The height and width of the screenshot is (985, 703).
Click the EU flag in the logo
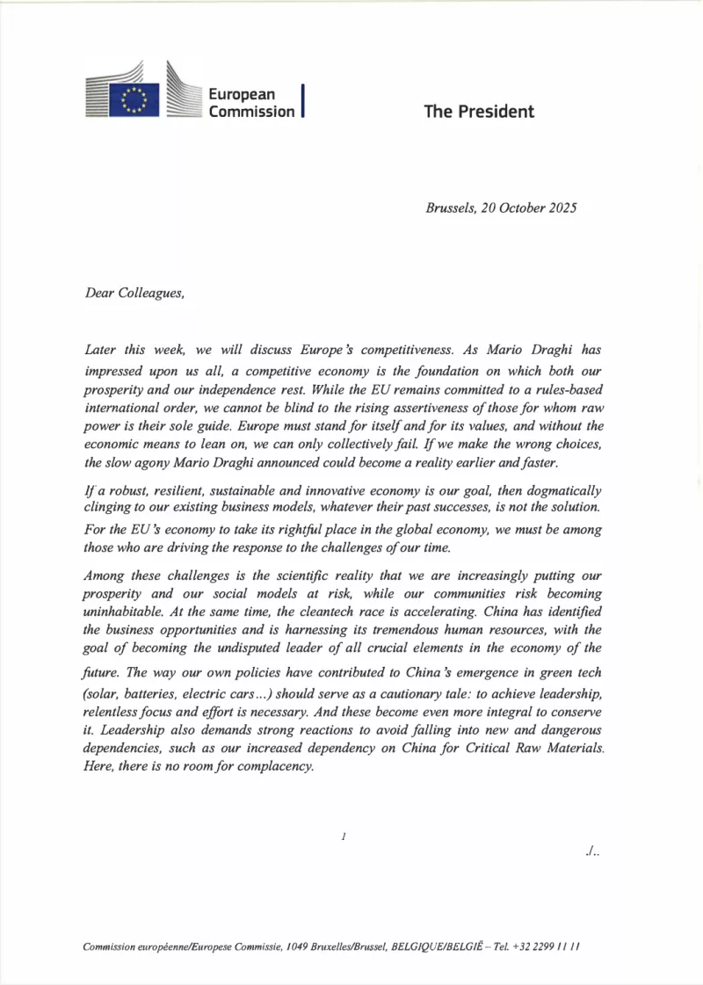pyautogui.click(x=134, y=98)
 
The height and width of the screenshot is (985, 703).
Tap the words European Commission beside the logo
pyautogui.click(x=251, y=103)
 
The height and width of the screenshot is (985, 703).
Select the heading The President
pyautogui.click(x=479, y=112)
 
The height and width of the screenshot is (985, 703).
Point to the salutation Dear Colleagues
pyautogui.click(x=134, y=294)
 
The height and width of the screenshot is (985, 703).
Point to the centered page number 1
pyautogui.click(x=344, y=837)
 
